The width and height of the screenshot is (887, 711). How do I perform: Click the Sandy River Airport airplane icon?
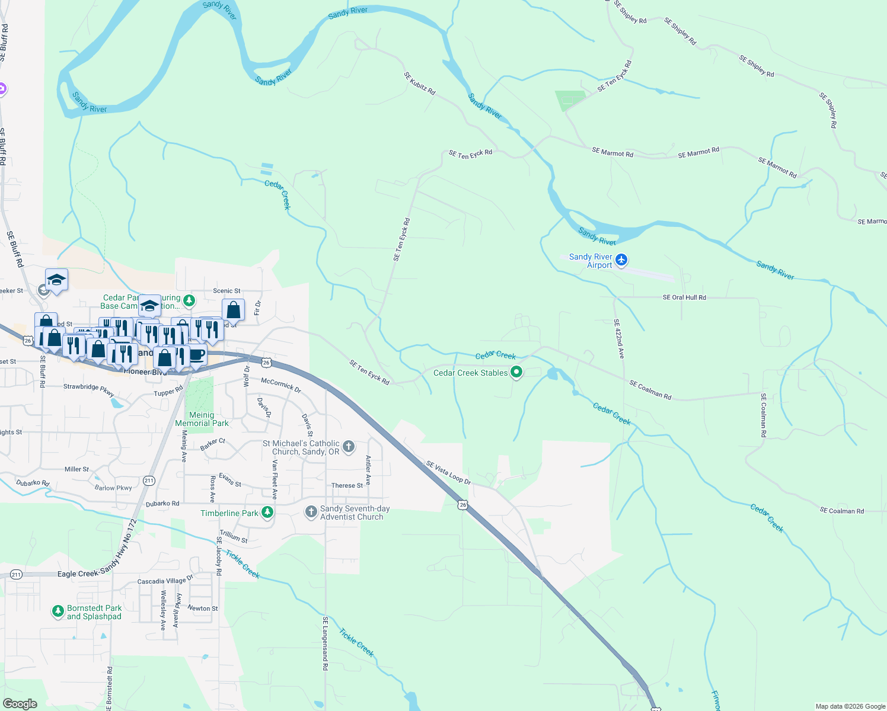(x=621, y=260)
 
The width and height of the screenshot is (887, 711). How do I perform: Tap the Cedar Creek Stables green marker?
(x=516, y=373)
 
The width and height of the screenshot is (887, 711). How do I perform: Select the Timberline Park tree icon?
(x=267, y=513)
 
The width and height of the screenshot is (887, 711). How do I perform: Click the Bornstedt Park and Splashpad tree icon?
(x=58, y=611)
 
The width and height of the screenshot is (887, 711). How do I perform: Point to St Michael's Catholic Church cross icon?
(x=349, y=447)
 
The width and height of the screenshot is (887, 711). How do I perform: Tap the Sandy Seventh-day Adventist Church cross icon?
(x=311, y=512)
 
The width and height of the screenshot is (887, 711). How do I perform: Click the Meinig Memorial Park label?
(x=202, y=419)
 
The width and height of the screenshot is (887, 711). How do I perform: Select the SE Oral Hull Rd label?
(x=684, y=297)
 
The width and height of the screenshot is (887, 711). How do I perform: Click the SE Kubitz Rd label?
(x=419, y=84)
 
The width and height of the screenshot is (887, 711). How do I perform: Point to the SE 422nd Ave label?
(x=618, y=339)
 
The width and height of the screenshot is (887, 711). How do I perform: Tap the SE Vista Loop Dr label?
(x=448, y=473)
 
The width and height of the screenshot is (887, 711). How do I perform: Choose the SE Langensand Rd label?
(x=325, y=643)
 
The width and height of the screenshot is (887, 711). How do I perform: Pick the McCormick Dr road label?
(x=281, y=386)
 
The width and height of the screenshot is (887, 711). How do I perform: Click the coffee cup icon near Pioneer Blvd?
(x=197, y=355)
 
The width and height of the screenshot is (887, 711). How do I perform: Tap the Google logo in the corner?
(x=20, y=704)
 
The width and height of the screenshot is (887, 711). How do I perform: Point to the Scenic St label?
(x=226, y=291)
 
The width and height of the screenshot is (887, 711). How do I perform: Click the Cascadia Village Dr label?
(x=165, y=580)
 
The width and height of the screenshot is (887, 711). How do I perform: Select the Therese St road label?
(x=347, y=486)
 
